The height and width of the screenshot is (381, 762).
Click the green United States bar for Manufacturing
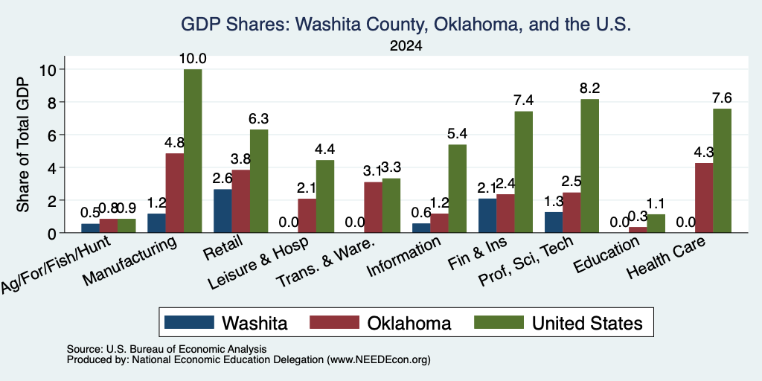tap(193, 151)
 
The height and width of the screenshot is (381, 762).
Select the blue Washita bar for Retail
tap(222, 211)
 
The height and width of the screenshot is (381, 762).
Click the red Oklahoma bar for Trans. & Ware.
tap(373, 208)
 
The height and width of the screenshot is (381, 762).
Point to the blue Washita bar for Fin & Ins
tap(487, 216)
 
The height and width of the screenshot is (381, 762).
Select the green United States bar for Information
tap(458, 188)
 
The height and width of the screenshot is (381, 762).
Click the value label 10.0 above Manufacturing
tap(193, 59)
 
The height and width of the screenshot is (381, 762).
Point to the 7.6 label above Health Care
tap(722, 98)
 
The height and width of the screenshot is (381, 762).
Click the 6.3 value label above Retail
tap(259, 119)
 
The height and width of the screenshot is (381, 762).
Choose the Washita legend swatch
tap(189, 322)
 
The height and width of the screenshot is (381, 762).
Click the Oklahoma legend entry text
tap(409, 323)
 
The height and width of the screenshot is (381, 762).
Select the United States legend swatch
tap(499, 322)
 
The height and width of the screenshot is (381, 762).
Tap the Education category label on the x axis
tap(606, 256)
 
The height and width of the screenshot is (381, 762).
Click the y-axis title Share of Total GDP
tap(23, 144)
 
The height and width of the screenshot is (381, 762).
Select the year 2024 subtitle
tap(406, 46)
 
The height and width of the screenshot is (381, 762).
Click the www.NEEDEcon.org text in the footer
tap(379, 360)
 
